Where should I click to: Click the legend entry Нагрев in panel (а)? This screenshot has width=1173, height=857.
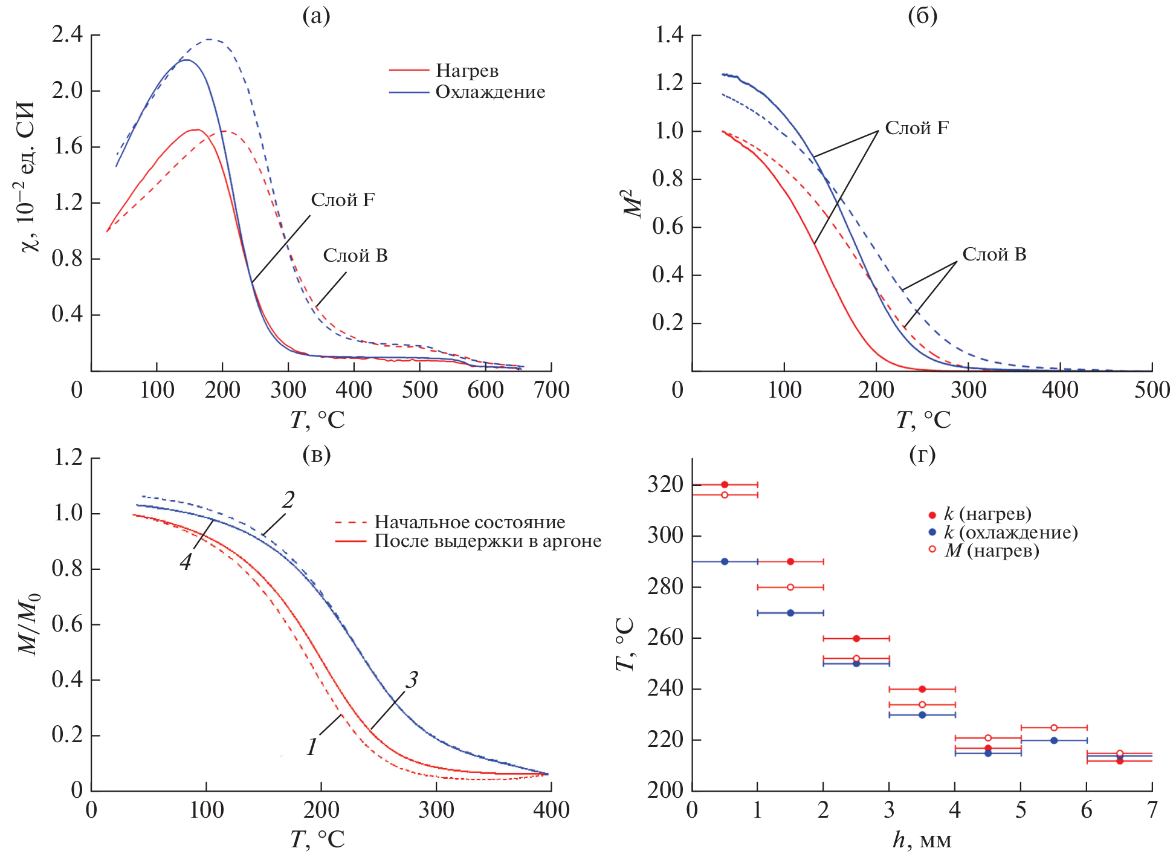pyautogui.click(x=467, y=71)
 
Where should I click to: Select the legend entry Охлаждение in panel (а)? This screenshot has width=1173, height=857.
pyautogui.click(x=490, y=92)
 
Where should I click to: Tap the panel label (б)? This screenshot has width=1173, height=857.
pyautogui.click(x=922, y=16)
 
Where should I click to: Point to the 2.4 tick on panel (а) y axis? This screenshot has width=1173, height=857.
pyautogui.click(x=68, y=35)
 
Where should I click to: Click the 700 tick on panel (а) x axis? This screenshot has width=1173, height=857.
pyautogui.click(x=551, y=390)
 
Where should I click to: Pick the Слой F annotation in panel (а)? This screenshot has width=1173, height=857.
pyautogui.click(x=343, y=200)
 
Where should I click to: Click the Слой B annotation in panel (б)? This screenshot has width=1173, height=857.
pyautogui.click(x=994, y=254)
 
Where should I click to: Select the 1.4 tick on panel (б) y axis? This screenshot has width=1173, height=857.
pyautogui.click(x=669, y=35)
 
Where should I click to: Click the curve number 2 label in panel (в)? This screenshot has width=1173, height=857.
pyautogui.click(x=288, y=500)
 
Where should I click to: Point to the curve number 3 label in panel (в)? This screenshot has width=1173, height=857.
pyautogui.click(x=412, y=680)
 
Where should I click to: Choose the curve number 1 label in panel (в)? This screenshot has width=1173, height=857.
pyautogui.click(x=312, y=747)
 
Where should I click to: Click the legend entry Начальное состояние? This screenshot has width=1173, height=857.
pyautogui.click(x=470, y=522)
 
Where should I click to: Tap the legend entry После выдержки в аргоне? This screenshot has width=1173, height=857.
pyautogui.click(x=488, y=541)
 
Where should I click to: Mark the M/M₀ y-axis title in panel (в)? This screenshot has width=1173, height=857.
pyautogui.click(x=28, y=623)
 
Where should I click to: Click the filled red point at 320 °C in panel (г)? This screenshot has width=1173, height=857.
pyautogui.click(x=725, y=485)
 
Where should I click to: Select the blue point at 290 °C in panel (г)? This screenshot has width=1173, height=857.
pyautogui.click(x=725, y=561)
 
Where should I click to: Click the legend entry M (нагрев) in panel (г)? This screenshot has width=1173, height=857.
pyautogui.click(x=991, y=551)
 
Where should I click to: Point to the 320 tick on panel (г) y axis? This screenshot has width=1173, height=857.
pyautogui.click(x=665, y=485)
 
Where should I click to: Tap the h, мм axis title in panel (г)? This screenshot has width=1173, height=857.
pyautogui.click(x=922, y=840)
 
